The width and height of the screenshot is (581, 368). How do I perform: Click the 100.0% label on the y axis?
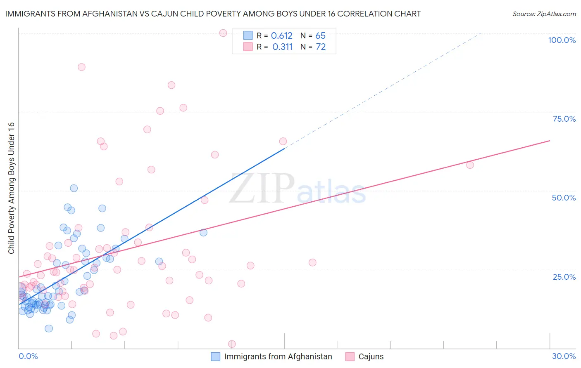(562, 40)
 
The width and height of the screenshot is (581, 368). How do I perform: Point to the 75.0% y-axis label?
(564, 119)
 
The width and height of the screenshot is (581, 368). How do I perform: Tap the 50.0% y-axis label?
(564, 198)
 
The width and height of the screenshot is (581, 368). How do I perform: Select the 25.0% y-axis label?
(564, 277)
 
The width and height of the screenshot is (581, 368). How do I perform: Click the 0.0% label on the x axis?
(28, 356)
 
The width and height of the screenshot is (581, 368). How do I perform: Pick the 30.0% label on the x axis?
(564, 356)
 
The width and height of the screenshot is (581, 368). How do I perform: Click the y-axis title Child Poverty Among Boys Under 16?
(11, 188)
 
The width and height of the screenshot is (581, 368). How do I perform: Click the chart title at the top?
(213, 14)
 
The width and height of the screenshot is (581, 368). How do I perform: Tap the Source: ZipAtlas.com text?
(544, 14)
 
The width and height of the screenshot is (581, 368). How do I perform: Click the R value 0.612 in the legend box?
(281, 36)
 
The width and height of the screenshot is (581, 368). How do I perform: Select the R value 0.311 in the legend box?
(282, 47)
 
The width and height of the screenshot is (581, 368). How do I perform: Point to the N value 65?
(320, 36)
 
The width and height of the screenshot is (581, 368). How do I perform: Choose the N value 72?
(321, 47)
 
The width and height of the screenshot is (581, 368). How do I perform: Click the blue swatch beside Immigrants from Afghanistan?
(216, 356)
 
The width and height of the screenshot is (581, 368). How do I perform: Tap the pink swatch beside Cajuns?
(350, 356)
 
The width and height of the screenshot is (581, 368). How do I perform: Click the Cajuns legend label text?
(371, 356)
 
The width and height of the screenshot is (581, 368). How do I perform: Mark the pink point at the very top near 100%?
(223, 33)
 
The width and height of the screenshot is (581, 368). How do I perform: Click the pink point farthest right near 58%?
(470, 165)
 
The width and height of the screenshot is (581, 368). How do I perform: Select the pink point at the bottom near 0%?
(232, 344)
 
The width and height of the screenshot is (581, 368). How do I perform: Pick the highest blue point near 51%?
(74, 188)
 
